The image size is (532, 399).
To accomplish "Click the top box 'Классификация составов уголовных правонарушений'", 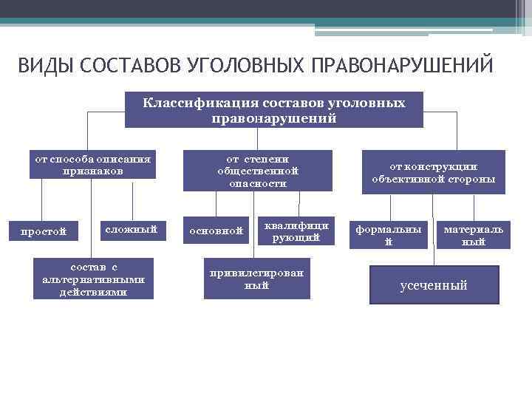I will [x=274, y=109].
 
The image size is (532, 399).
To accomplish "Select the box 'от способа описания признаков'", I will [x=93, y=165].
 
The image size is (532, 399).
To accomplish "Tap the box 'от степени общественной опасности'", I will [x=257, y=171].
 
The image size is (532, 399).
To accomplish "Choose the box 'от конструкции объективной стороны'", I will [x=434, y=172].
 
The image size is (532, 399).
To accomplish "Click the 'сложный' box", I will [x=132, y=230].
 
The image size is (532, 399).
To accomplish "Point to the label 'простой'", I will [x=44, y=231].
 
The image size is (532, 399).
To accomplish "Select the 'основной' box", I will [x=216, y=231].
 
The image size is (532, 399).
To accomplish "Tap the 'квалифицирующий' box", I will [x=295, y=231].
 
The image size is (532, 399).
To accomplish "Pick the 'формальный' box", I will [x=389, y=235].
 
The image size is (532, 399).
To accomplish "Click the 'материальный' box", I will [x=473, y=235].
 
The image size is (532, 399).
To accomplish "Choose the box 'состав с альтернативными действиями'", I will [x=93, y=278].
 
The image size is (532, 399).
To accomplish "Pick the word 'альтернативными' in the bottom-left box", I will [x=93, y=279].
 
